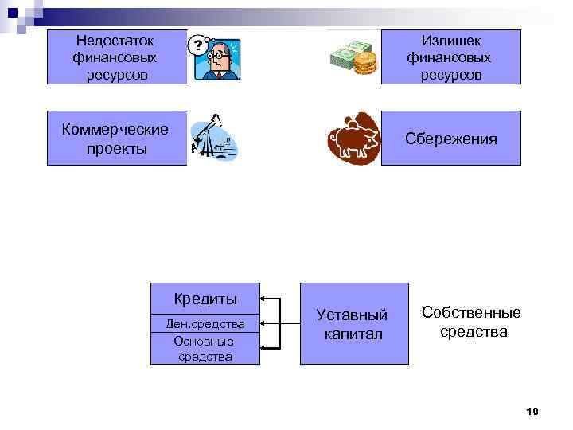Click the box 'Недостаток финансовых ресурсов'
coord(116,57)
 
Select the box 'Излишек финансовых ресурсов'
coord(450,57)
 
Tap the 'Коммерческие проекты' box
coord(116,138)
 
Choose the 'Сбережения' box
coord(450,138)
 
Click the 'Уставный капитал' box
coord(353,323)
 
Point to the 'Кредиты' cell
coord(205,299)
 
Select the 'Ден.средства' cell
coord(205,323)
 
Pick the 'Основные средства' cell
coord(205,348)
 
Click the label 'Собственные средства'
coord(471,322)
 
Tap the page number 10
coord(532,411)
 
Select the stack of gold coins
coord(364,62)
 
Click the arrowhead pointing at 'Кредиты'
coord(265,300)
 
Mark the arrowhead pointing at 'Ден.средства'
coord(265,323)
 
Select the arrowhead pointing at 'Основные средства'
coord(265,347)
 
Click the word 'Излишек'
coord(450,40)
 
